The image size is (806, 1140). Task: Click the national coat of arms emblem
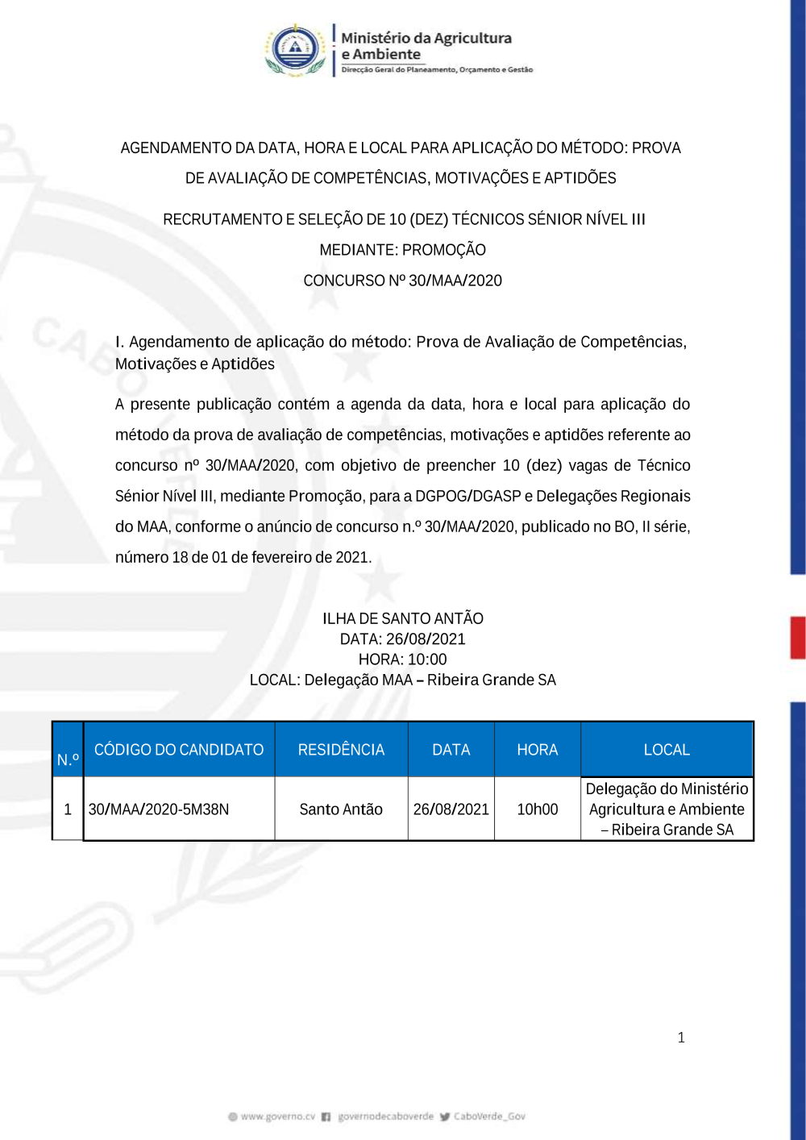coord(296,49)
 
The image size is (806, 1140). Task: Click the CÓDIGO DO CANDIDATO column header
coord(179,750)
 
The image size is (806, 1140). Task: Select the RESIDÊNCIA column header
coord(341,750)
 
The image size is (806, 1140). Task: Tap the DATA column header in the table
coord(451,750)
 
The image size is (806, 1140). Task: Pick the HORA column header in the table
coord(537,750)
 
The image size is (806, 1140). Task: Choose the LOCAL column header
coord(667,750)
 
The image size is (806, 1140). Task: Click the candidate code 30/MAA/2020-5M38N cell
coord(159,809)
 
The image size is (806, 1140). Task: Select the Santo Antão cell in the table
coord(341,809)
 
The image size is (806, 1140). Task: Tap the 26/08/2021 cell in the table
coord(451,809)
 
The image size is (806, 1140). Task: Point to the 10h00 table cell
coord(537,809)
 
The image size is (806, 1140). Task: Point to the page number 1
coord(681,1038)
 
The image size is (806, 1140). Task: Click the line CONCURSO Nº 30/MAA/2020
coord(402,281)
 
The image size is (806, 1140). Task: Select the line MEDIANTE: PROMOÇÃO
coord(402,250)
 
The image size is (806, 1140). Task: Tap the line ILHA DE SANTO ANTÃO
coord(402,618)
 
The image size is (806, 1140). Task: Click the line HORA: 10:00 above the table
coord(402,659)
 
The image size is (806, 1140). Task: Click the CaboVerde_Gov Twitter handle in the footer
coord(488,1117)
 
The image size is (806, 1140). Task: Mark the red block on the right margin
coord(797,638)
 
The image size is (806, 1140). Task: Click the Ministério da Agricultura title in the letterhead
coord(426,38)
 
